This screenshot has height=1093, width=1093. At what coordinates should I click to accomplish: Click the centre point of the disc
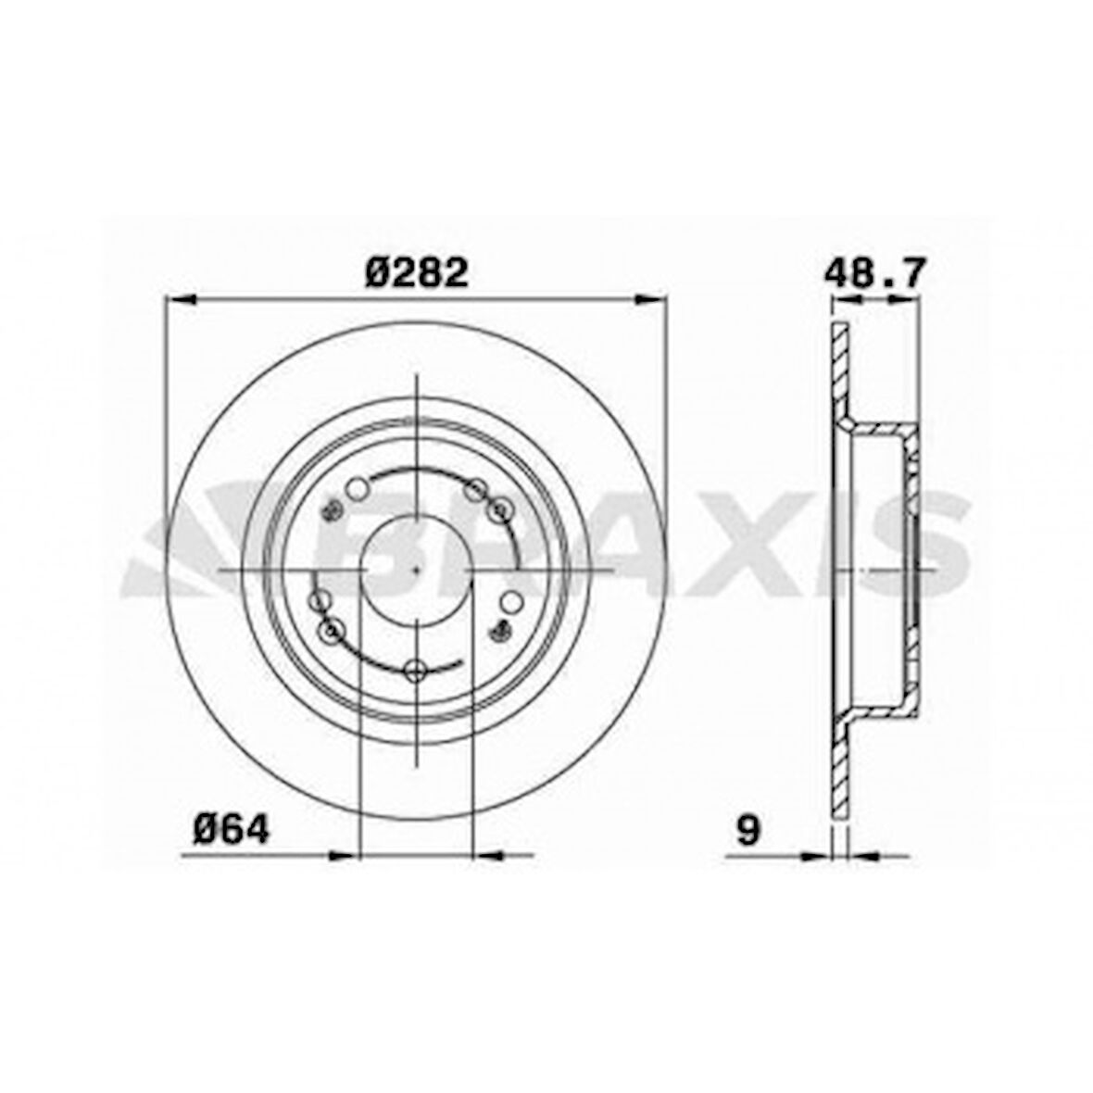pyautogui.click(x=417, y=569)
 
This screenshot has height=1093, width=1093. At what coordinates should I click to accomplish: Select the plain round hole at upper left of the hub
pyautogui.click(x=358, y=487)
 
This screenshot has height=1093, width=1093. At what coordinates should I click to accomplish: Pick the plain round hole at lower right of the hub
pyautogui.click(x=509, y=601)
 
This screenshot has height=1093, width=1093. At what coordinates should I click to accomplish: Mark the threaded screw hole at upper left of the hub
pyautogui.click(x=330, y=510)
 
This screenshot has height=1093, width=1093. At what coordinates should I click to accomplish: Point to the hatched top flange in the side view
pyautogui.click(x=839, y=371)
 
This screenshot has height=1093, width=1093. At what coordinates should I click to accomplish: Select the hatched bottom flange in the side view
pyautogui.click(x=839, y=769)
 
